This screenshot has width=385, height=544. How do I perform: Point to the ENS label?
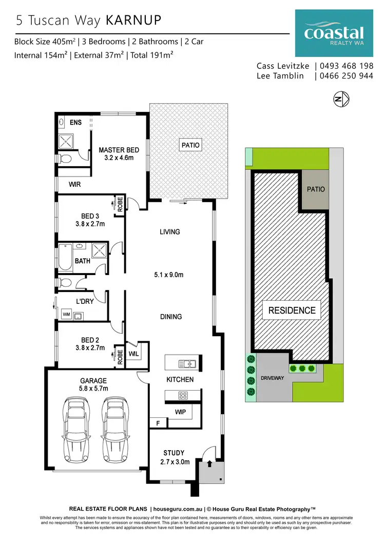pyautogui.click(x=75, y=123)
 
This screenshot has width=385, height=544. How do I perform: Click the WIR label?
pyautogui.click(x=75, y=184)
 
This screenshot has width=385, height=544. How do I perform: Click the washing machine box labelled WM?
pyautogui.click(x=66, y=314)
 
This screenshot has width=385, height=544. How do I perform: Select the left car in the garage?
pyautogui.click(x=76, y=429)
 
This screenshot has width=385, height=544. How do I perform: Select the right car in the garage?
pyautogui.click(x=114, y=429)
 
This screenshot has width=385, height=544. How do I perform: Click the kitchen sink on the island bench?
pyautogui.click(x=187, y=364)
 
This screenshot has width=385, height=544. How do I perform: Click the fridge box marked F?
pyautogui.click(x=158, y=423)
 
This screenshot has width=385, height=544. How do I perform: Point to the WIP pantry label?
pyautogui.click(x=180, y=412)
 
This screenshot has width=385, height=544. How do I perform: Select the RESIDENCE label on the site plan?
pyautogui.click(x=292, y=310)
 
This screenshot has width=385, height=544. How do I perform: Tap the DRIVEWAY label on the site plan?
pyautogui.click(x=272, y=377)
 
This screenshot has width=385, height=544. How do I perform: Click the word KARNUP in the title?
pyautogui.click(x=133, y=20)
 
